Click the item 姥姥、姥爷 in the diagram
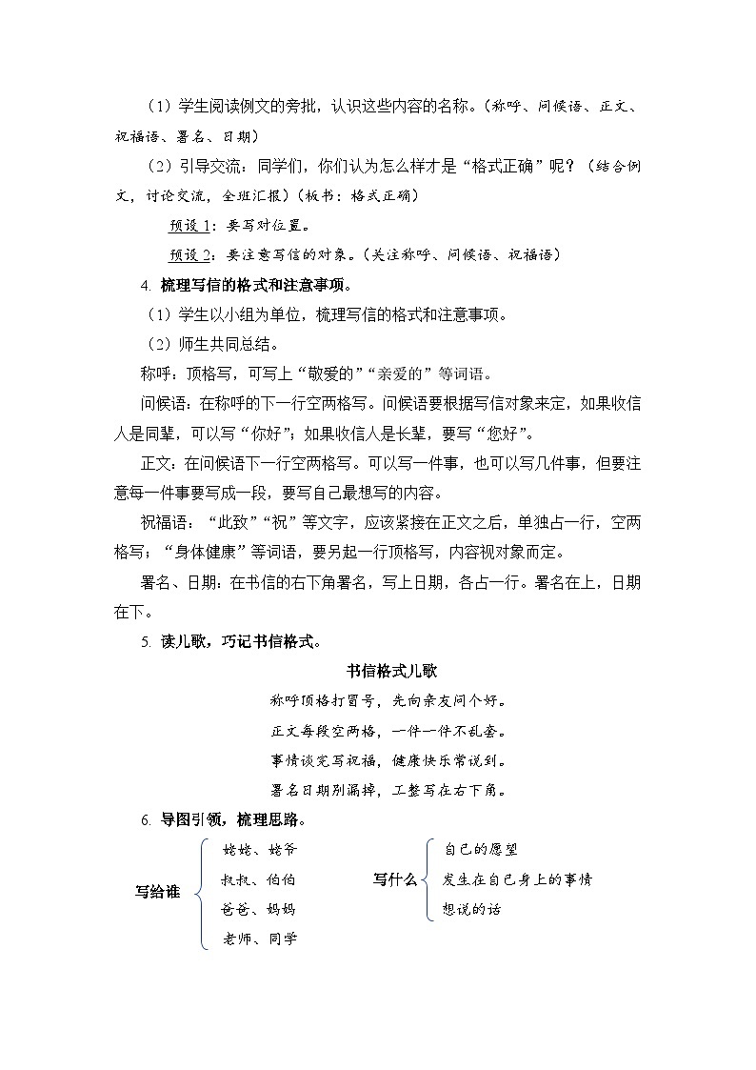point(259,849)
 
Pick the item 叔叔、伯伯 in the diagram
point(259,879)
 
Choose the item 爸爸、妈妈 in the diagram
point(259,909)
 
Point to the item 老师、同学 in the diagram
point(259,939)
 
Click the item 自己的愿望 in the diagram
point(481,849)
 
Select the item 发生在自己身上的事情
point(518,879)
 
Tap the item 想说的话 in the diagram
point(472,909)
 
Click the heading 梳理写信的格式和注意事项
point(252,285)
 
